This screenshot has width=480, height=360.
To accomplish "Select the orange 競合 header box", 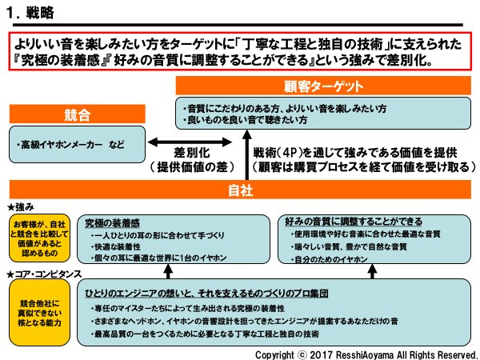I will (71, 114).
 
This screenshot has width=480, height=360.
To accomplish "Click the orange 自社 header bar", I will (240, 191).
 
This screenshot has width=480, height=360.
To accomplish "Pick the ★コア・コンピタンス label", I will (40, 274).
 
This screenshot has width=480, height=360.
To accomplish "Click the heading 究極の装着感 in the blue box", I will (111, 222).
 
